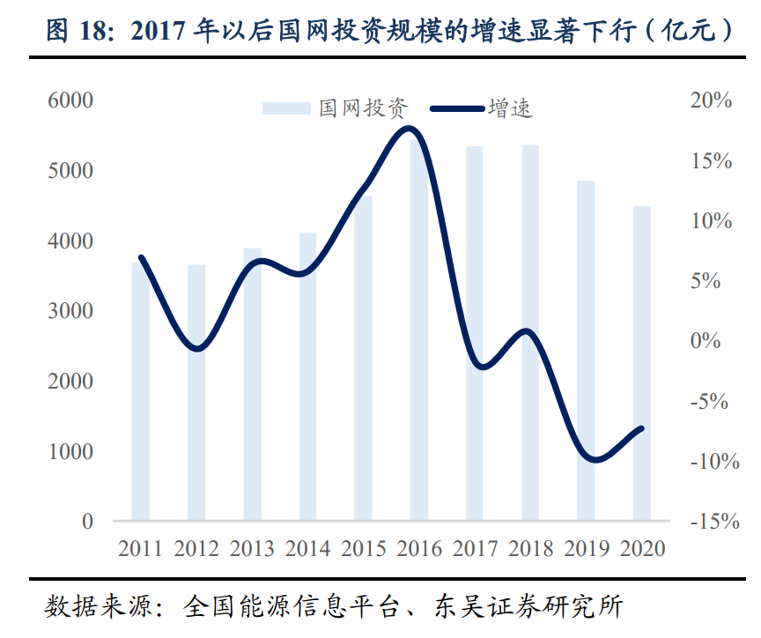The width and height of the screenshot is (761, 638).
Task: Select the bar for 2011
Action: (x=141, y=391)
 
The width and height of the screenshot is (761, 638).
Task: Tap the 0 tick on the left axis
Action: (x=87, y=522)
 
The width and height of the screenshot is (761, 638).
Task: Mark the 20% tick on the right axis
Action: (x=710, y=100)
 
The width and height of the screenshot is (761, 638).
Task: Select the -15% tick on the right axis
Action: (x=710, y=522)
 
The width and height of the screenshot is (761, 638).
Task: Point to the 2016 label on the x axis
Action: (x=419, y=548)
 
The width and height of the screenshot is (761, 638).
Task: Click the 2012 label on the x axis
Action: (x=196, y=548)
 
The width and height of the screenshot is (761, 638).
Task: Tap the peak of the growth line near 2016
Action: (x=407, y=129)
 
